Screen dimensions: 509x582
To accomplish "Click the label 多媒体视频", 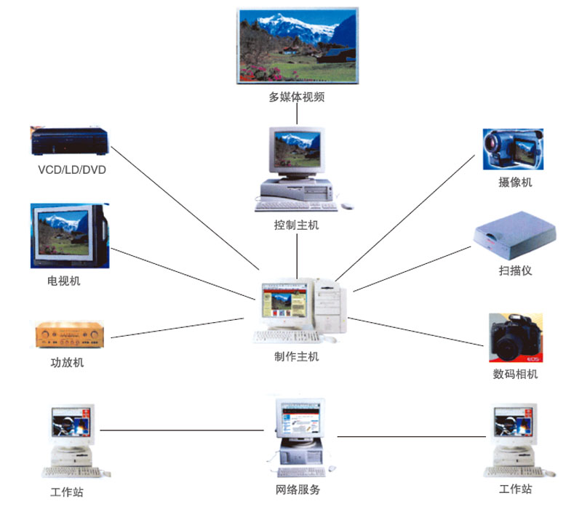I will point(296,97).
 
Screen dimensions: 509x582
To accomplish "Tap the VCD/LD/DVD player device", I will point(70,141).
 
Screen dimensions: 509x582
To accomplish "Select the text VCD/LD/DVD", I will point(71,170).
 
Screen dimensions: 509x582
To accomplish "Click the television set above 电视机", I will point(69,236).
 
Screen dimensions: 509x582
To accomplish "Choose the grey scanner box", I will point(514,233).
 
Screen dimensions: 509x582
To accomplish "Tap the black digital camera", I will point(515,337).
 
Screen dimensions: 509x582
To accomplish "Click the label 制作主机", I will point(296,356).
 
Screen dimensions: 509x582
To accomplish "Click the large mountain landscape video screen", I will point(297,46).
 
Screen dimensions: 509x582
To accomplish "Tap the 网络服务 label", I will point(297,490).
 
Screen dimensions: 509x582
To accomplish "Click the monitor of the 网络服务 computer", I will point(300,421).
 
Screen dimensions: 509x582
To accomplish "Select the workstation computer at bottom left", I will point(71,440).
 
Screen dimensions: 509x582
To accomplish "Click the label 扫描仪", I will point(515,270).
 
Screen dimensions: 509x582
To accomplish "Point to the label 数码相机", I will point(515,374).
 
